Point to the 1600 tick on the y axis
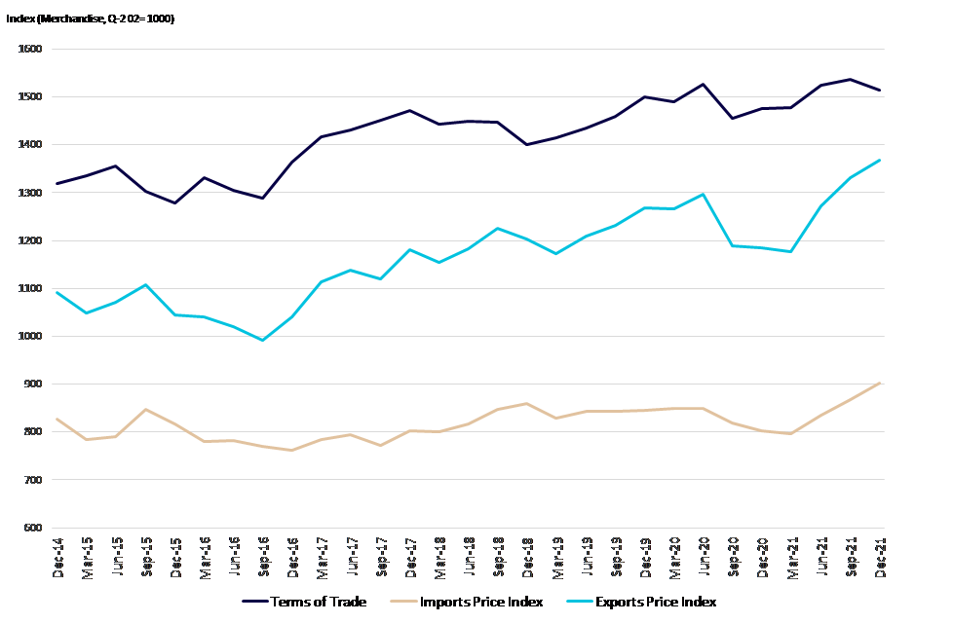[x=31, y=49]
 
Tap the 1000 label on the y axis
[x=31, y=337]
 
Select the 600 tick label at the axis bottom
[x=33, y=529]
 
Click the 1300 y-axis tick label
[x=31, y=193]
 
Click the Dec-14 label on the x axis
[x=58, y=559]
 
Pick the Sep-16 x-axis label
[x=263, y=559]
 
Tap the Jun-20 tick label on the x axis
[x=703, y=559]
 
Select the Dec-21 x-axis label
[x=879, y=559]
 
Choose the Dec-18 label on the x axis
[x=527, y=559]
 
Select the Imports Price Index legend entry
[x=480, y=602]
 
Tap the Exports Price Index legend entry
[x=655, y=602]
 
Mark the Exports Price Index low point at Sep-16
[x=263, y=340]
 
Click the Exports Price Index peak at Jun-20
[x=703, y=194]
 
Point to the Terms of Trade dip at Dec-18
[x=527, y=144]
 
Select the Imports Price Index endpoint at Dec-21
[x=879, y=383]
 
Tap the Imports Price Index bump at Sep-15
[x=145, y=410]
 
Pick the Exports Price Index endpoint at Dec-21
[x=879, y=160]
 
